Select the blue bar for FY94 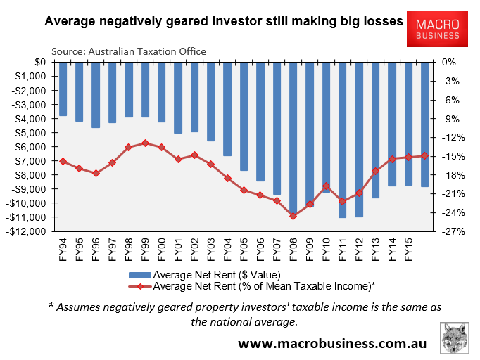63,89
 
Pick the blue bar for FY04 227,108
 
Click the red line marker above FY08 293,216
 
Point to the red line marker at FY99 145,143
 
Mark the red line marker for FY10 326,186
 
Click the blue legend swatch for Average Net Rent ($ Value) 141,274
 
